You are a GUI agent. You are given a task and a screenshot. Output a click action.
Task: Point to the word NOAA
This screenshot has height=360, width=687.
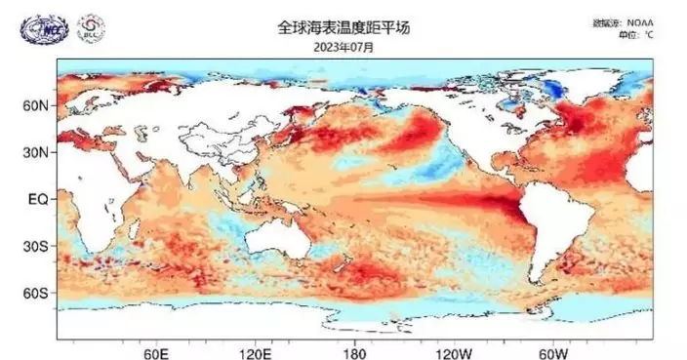tap(641, 22)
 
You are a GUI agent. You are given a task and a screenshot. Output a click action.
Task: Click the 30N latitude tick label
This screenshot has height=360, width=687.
tap(35, 152)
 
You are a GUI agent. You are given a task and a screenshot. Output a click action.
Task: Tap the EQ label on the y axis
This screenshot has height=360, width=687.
tap(38, 199)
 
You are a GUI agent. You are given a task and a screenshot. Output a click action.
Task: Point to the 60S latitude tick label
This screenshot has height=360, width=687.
tap(35, 293)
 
